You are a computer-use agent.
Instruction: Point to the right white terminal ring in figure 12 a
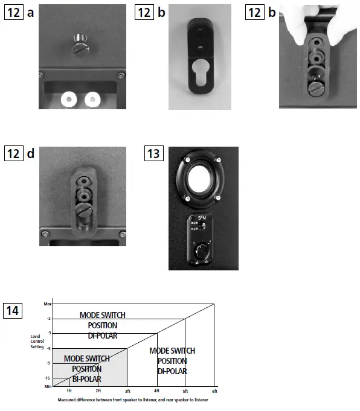point(92,98)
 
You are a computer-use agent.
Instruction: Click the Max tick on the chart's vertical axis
point(48,304)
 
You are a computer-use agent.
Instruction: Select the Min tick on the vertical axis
point(48,386)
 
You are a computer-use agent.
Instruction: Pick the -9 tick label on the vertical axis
point(48,363)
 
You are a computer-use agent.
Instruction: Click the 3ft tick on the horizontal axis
point(127,391)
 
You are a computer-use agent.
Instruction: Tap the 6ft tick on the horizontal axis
point(214,391)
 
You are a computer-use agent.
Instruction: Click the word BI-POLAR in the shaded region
point(86,378)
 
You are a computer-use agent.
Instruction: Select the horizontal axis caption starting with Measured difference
point(133,400)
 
